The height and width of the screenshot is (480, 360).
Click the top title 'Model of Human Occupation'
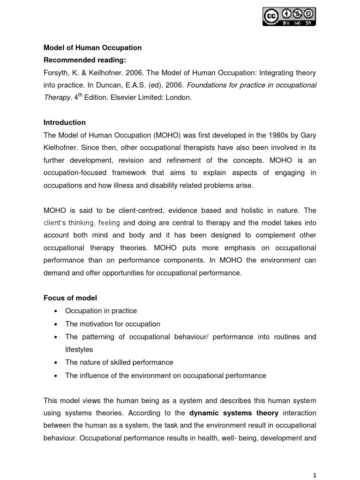[x=92, y=48]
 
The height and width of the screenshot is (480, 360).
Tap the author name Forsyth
[x=56, y=73]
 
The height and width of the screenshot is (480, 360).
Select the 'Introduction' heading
[x=65, y=122]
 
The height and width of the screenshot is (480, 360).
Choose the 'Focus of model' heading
[x=70, y=298]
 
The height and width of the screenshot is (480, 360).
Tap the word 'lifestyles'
[x=79, y=349]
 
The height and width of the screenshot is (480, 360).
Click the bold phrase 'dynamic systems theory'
[x=234, y=413]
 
